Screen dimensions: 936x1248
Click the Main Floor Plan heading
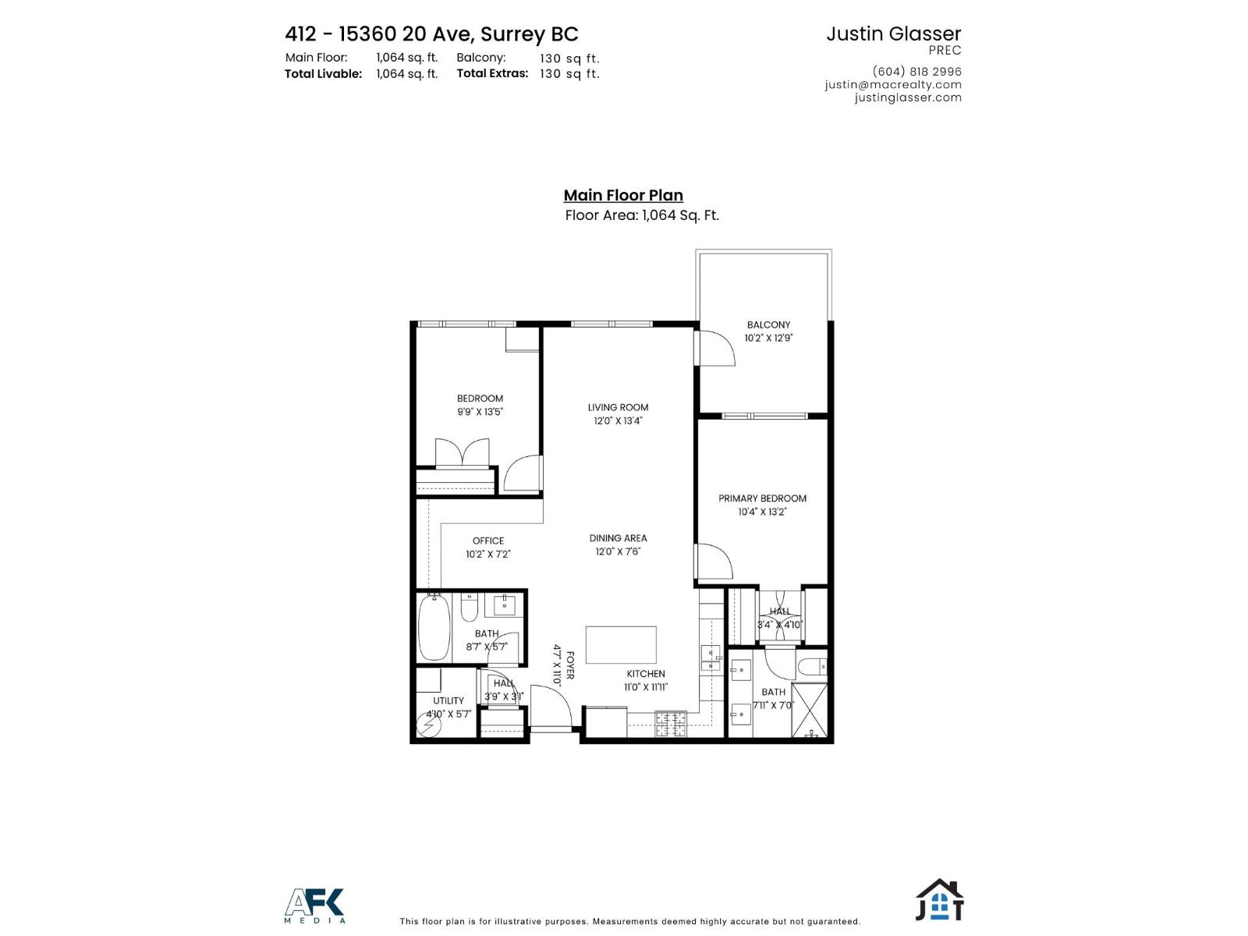click(x=623, y=196)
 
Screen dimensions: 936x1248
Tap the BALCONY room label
click(x=768, y=324)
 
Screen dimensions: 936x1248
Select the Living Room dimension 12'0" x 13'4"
click(x=618, y=421)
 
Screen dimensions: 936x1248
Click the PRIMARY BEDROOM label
click(x=762, y=498)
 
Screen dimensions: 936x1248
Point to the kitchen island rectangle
click(x=621, y=645)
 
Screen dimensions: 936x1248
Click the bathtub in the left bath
click(x=434, y=627)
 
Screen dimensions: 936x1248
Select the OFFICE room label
click(x=488, y=541)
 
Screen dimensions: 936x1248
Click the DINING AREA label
click(x=618, y=538)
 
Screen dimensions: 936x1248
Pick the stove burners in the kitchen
click(x=671, y=725)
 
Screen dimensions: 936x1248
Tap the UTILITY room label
click(x=448, y=700)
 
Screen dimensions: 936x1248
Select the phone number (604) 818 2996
click(x=916, y=71)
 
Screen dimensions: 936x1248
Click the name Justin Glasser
click(x=893, y=34)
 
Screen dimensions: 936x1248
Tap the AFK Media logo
click(x=314, y=906)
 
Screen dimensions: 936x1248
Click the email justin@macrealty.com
click(x=893, y=84)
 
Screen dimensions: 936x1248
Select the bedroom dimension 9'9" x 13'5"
click(x=480, y=412)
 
